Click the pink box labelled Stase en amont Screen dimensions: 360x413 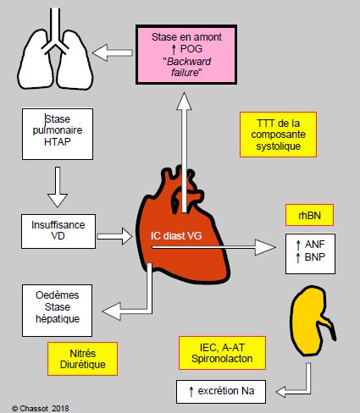click(186, 54)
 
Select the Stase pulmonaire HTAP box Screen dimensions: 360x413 click(58, 134)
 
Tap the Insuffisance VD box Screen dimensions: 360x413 click(58, 231)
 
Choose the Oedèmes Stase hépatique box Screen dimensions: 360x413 click(57, 311)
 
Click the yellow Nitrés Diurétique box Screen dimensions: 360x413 click(82, 359)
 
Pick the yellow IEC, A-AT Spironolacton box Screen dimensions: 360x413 click(222, 353)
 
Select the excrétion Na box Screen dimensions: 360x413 click(221, 392)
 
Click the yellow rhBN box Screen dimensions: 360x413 click(309, 215)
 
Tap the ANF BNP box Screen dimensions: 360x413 click(310, 254)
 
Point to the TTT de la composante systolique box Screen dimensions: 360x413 click(278, 135)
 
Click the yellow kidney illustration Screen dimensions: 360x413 click(312, 321)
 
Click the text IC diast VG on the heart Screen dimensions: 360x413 click(176, 236)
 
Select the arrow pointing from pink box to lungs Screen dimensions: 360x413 click(113, 52)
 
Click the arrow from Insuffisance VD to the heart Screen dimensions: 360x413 click(114, 236)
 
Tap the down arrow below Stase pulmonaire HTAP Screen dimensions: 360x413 click(58, 187)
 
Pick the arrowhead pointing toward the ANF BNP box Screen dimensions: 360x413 click(265, 247)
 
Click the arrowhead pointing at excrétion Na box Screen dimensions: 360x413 click(283, 392)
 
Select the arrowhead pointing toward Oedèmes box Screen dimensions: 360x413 click(112, 311)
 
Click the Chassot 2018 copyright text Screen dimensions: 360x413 click(41, 408)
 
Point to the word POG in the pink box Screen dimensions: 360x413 click(191, 49)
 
